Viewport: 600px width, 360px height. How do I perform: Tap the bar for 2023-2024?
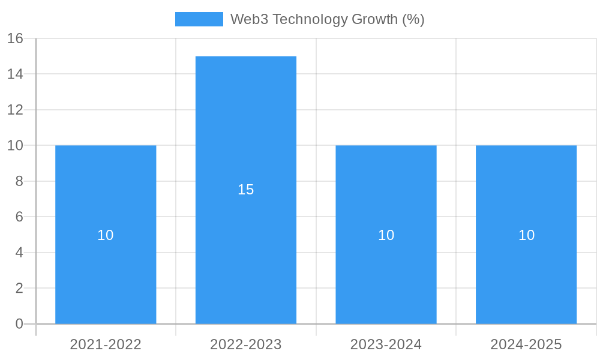pos(386,276)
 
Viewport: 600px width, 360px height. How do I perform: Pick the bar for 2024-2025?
pos(526,276)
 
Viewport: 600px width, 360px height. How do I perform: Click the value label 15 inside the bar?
pos(246,190)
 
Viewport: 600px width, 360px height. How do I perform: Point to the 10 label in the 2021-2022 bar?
pos(106,235)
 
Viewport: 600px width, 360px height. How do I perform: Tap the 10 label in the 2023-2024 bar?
pos(386,235)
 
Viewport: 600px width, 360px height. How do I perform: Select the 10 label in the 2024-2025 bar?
pos(526,235)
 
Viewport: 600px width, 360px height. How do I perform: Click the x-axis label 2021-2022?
pos(106,344)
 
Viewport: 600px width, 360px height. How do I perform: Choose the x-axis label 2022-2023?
pos(246,344)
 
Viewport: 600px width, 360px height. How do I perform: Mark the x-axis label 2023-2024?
pos(386,344)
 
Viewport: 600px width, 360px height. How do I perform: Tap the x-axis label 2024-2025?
pos(526,344)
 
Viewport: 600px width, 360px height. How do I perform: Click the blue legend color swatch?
pos(199,19)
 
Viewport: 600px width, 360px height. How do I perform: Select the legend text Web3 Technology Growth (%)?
pos(327,19)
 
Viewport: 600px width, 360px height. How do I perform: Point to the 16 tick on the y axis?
pos(15,38)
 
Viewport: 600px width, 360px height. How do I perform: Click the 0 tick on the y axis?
pos(19,324)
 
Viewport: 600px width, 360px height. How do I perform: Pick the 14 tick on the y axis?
pos(15,74)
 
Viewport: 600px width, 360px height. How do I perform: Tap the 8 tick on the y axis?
pos(19,181)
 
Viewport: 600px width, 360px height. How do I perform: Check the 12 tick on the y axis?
pos(15,110)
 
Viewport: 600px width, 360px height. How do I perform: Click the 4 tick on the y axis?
pos(19,253)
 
